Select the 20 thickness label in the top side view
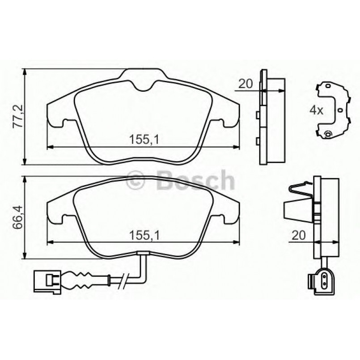(246, 83)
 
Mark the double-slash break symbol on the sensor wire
(122, 280)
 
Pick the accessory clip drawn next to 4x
(334, 110)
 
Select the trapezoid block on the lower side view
(294, 209)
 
